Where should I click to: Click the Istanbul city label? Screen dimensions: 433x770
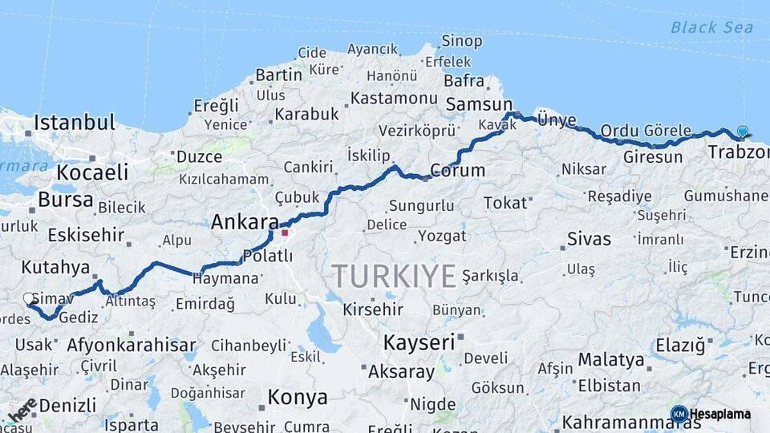75,123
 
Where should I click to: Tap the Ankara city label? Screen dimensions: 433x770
245,223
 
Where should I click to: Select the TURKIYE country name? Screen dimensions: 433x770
395,276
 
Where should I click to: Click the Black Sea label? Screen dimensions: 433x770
711,28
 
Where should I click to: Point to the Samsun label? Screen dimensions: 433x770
479,104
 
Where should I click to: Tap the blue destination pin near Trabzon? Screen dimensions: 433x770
743,132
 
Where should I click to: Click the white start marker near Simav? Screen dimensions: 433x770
29,299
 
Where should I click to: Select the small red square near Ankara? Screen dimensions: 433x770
284,233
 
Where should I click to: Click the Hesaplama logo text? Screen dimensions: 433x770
720,415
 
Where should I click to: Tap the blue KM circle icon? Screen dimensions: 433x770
679,415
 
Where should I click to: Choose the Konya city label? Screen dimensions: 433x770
298,398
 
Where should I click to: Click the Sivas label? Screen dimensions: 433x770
589,239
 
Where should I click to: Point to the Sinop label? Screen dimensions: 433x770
462,41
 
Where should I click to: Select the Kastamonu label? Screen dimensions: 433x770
393,98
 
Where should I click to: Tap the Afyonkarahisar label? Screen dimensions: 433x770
132,346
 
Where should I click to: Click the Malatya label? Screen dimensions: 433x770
611,360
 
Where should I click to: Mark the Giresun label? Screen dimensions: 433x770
653,157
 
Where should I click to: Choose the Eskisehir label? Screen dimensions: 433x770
86,235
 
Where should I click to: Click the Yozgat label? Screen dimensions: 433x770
441,237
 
